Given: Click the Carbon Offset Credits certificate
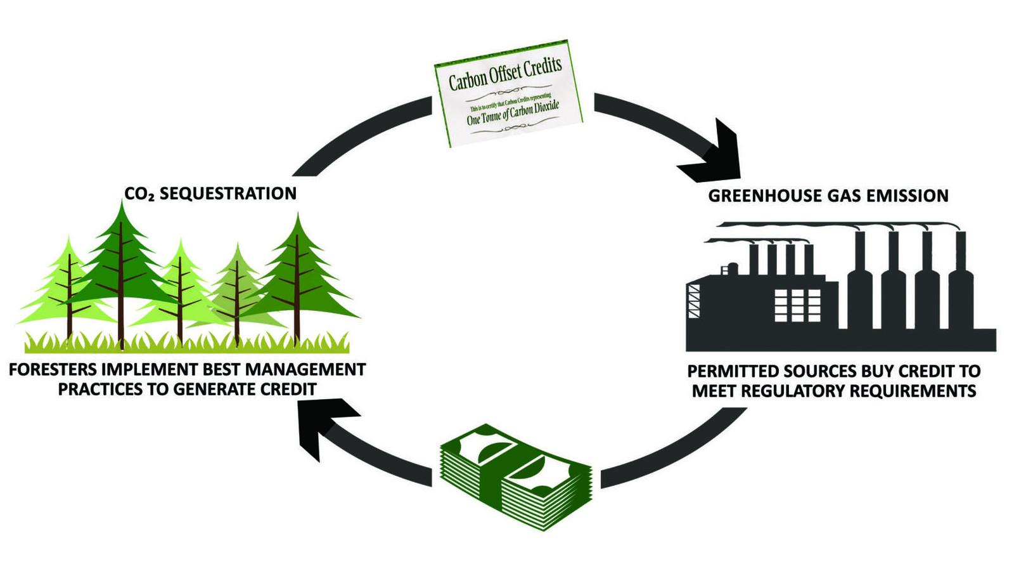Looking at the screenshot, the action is coord(508,94).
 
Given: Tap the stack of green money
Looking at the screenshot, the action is coord(516,476).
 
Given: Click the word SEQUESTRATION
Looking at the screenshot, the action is coord(228,194).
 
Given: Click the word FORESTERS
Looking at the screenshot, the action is coord(53,370).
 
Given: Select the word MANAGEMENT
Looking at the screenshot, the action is coord(305,370).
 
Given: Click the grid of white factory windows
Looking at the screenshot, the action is coord(797,305).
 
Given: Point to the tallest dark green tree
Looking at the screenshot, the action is coord(121,272).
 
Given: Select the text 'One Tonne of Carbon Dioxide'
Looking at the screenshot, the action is coord(513,112).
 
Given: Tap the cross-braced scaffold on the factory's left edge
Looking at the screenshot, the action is coord(693,301).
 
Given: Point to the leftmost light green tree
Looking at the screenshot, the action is coord(69,285).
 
